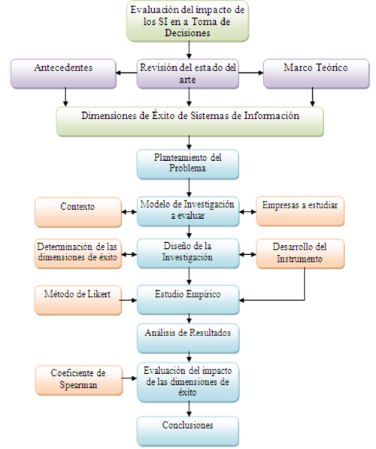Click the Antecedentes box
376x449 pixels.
click(63, 74)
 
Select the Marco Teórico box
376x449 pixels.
click(316, 74)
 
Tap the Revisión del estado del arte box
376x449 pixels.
click(188, 74)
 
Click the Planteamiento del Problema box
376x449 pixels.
click(188, 165)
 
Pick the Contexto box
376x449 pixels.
click(78, 212)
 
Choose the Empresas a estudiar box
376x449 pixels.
click(300, 211)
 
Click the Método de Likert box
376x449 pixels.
click(78, 300)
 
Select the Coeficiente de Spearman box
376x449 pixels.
click(79, 381)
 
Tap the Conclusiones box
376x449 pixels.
click(188, 431)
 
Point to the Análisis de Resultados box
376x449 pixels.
click(188, 338)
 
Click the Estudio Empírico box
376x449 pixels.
click(188, 299)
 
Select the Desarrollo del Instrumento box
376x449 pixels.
click(300, 254)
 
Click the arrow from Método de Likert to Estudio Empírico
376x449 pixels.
click(128, 300)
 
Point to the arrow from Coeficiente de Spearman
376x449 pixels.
click(129, 378)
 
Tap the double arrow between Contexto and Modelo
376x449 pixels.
click(129, 212)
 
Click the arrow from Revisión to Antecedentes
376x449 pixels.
click(126, 73)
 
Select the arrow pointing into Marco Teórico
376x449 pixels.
click(251, 73)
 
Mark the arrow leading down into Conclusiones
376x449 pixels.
click(189, 408)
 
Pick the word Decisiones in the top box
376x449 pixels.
click(187, 32)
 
